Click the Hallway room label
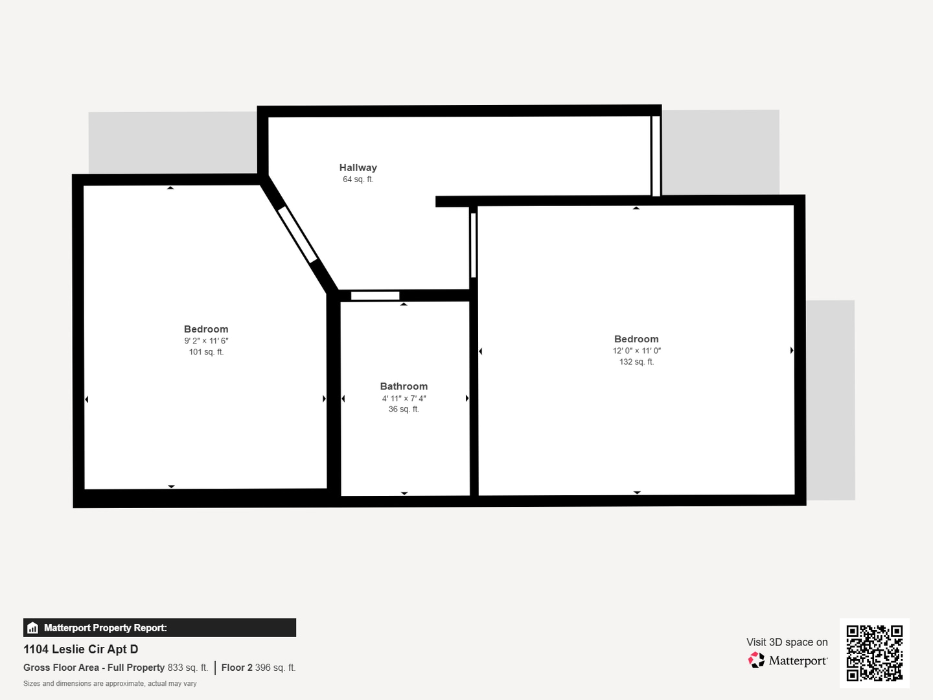click(x=358, y=168)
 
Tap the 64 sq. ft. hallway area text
click(x=358, y=180)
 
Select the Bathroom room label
click(x=404, y=386)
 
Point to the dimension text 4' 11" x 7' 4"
click(x=404, y=399)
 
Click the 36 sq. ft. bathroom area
click(x=404, y=410)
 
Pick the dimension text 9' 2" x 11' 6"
click(x=206, y=341)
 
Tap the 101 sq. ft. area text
click(x=206, y=352)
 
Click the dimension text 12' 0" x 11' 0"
click(x=636, y=351)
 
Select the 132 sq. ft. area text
click(x=636, y=362)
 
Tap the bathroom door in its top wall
click(x=375, y=296)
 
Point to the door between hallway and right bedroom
click(x=474, y=246)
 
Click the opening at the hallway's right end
click(x=656, y=156)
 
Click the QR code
click(x=875, y=653)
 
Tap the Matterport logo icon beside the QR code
click(x=756, y=660)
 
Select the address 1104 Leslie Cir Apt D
click(x=81, y=649)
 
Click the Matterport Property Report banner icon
click(x=33, y=628)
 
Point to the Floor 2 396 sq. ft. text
click(x=258, y=668)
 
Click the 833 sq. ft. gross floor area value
click(x=187, y=668)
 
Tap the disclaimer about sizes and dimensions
click(x=110, y=684)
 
